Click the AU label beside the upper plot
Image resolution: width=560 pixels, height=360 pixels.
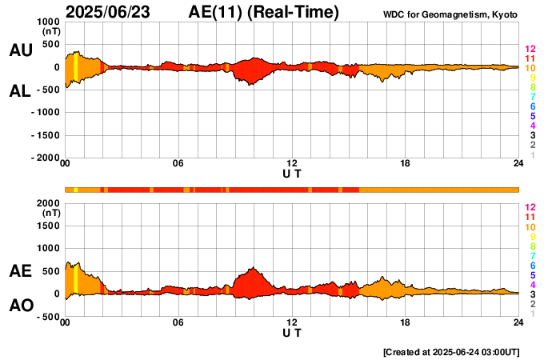20,50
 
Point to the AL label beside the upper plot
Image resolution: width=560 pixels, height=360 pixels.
20,91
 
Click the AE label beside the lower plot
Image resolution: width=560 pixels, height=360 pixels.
20,271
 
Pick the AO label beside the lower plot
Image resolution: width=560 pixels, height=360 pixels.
20,306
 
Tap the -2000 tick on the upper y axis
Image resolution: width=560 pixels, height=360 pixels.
47,158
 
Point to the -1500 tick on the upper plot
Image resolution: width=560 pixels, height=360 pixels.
47,136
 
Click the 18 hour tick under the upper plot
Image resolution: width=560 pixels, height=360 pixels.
406,164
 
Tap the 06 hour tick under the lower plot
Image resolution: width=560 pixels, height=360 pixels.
178,322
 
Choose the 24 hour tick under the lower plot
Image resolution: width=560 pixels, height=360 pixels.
518,322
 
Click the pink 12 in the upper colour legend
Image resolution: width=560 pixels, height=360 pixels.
530,50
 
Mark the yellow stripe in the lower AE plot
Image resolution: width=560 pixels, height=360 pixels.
75,279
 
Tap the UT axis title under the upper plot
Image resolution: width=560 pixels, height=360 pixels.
292,173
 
